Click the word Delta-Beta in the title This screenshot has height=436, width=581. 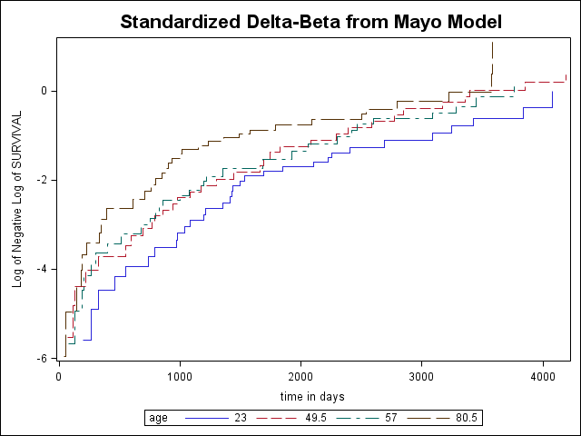click(293, 22)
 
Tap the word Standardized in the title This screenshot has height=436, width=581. click(180, 22)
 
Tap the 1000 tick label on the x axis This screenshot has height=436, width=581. click(180, 377)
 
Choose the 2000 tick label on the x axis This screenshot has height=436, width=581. click(300, 377)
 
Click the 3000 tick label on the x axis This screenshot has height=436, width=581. click(421, 377)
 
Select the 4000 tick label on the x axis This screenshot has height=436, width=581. click(543, 377)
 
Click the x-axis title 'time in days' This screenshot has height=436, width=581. click(312, 397)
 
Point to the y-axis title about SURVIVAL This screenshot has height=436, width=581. click(17, 199)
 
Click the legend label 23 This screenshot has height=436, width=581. click(241, 418)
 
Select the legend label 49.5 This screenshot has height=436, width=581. click(316, 418)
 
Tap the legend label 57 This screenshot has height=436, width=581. click(390, 418)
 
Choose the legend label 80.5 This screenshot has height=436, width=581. click(466, 418)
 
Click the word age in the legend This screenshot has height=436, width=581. click(158, 419)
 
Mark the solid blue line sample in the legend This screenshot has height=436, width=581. click(208, 418)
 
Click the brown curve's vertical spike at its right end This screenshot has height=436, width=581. click(492, 64)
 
